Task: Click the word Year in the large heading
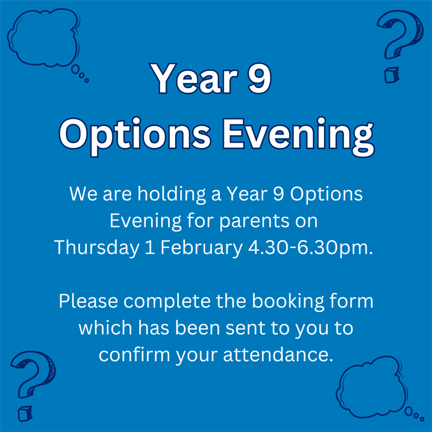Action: pos(192,78)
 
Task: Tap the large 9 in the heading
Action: pos(258,78)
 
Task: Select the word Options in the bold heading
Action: pos(134,134)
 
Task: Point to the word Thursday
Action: pos(97,248)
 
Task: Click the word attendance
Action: pos(275,355)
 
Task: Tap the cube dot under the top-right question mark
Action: pos(391,75)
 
